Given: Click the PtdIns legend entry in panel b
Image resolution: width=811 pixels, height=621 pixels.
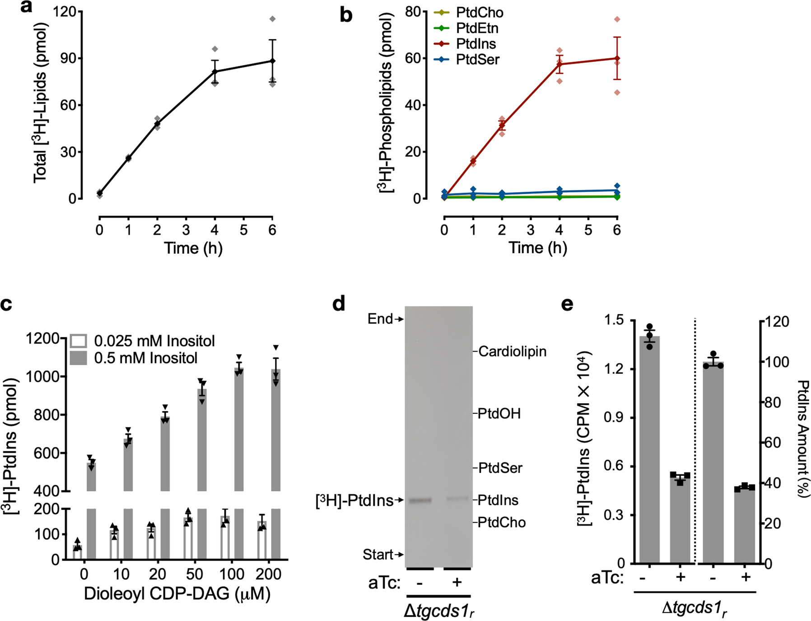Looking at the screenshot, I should click(476, 44).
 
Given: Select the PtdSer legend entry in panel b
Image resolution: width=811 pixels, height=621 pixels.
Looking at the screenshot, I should click(477, 60).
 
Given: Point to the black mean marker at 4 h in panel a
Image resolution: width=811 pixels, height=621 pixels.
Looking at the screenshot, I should click(215, 71).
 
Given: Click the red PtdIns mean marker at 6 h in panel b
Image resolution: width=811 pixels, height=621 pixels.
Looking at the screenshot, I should click(617, 58).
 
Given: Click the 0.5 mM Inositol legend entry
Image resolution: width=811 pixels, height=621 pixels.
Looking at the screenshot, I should click(145, 358).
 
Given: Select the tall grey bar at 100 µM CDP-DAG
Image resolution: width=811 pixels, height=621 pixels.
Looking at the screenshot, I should click(239, 429).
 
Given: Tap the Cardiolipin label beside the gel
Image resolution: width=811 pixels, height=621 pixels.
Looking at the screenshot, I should click(512, 351).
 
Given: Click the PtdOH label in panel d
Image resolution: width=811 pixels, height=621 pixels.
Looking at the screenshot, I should click(499, 413).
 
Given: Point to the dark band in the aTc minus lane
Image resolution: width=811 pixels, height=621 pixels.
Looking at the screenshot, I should click(420, 500).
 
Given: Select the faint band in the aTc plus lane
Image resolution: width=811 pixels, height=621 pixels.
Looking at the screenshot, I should click(457, 499).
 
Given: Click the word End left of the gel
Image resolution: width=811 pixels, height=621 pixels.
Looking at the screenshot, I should click(380, 319).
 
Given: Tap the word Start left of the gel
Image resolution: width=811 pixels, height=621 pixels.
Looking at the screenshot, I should click(378, 554).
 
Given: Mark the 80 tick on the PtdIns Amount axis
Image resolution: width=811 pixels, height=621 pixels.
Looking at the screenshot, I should click(772, 402).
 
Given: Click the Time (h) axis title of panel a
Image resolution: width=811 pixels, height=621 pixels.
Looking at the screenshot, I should click(193, 248).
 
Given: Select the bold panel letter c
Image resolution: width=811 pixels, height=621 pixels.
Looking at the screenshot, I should click(6, 304).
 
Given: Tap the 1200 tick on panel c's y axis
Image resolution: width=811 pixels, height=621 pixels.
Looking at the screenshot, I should click(43, 338).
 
